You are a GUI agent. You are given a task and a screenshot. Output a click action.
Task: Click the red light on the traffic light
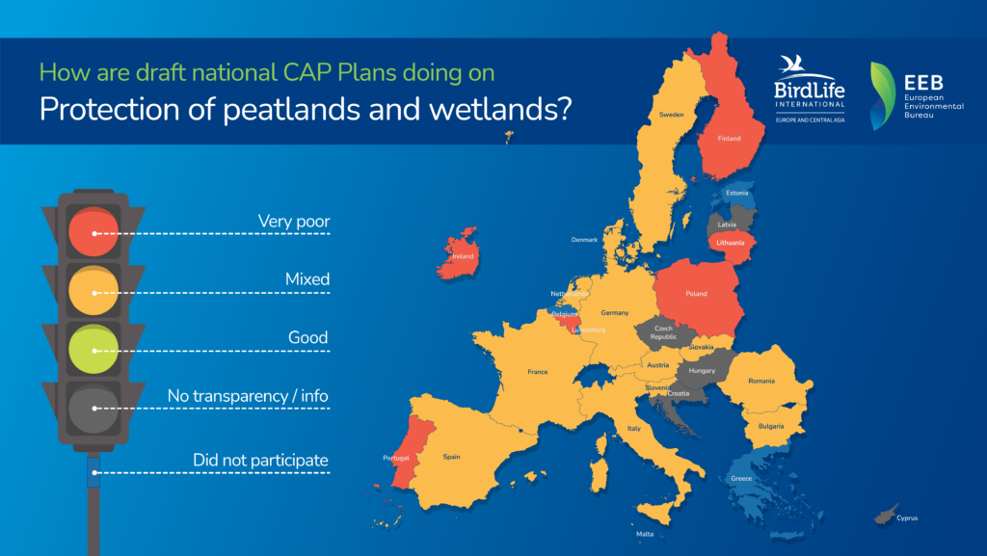(x=93, y=231)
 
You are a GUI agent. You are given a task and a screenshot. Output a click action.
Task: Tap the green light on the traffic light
(x=93, y=349)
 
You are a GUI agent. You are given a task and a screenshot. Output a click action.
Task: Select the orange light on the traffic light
(x=93, y=291)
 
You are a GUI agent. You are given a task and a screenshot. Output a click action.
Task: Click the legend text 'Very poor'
(x=294, y=222)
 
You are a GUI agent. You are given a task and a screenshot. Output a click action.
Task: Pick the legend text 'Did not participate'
(x=260, y=461)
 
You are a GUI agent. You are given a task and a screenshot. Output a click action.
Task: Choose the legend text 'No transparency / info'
(x=248, y=396)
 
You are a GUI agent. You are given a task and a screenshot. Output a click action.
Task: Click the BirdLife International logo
(x=810, y=89)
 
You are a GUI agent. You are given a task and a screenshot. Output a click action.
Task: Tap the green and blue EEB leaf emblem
(x=882, y=95)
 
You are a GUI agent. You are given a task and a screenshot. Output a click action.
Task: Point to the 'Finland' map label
(x=729, y=139)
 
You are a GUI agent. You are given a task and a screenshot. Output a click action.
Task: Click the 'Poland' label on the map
(x=696, y=294)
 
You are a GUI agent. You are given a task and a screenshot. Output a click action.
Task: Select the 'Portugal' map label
(x=396, y=458)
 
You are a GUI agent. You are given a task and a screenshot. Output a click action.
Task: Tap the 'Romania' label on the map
(x=761, y=382)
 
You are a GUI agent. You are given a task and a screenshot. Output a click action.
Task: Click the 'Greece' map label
(x=741, y=479)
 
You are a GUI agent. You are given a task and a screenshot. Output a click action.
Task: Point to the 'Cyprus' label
(x=907, y=518)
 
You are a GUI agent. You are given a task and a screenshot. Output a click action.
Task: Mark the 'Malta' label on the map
(x=645, y=534)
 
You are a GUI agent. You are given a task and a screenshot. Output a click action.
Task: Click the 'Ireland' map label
(x=463, y=256)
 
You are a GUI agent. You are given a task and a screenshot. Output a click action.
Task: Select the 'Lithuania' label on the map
(x=731, y=243)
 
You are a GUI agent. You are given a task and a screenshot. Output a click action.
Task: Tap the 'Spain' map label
(x=451, y=458)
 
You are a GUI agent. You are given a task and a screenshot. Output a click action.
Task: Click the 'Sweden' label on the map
(x=672, y=115)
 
